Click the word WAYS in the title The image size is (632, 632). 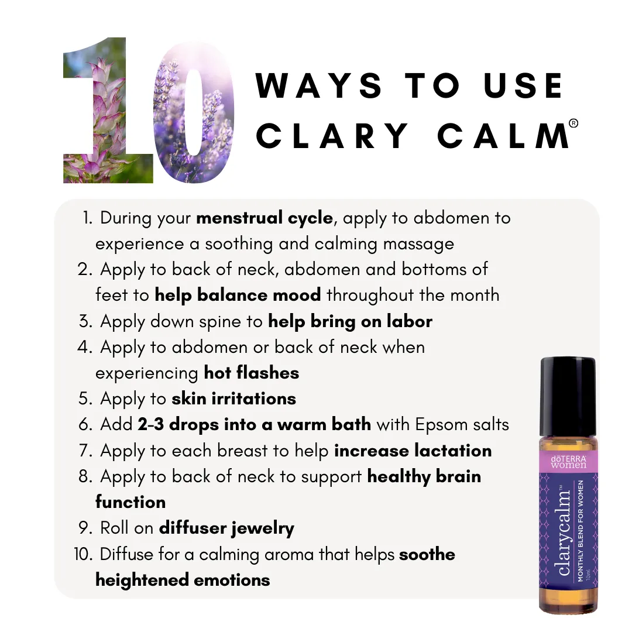(x=319, y=85)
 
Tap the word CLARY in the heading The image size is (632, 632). (x=332, y=136)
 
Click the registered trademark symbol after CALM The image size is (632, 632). (x=573, y=123)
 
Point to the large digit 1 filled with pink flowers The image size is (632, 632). (x=108, y=110)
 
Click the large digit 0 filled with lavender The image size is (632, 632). (x=194, y=112)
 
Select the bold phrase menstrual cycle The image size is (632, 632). (x=265, y=218)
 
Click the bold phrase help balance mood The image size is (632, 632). (x=238, y=295)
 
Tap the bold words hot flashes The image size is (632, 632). (x=252, y=373)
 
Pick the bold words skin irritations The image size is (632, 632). (x=233, y=399)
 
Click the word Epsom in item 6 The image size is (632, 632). (x=441, y=425)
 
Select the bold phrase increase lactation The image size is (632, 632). (x=413, y=451)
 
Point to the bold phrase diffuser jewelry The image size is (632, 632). (x=226, y=528)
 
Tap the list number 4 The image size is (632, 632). (x=85, y=347)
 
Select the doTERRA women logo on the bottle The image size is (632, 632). (x=568, y=462)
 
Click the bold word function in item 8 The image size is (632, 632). (x=130, y=502)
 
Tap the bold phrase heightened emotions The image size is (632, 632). (x=183, y=581)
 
